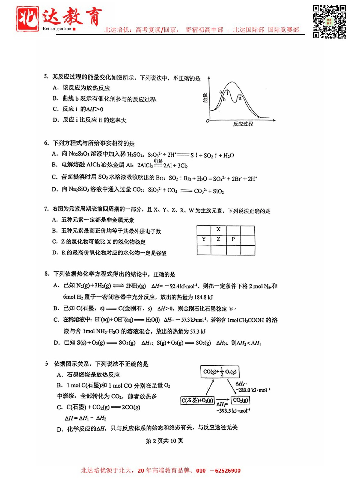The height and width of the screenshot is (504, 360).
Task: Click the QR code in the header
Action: click(329, 22)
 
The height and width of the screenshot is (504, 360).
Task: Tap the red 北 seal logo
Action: click(27, 19)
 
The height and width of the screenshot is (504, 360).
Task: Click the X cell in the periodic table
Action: click(218, 229)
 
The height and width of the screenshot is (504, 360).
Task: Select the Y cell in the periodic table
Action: click(204, 239)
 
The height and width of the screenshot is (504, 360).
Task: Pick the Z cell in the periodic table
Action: click(218, 239)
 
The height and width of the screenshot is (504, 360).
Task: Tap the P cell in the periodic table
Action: click(233, 239)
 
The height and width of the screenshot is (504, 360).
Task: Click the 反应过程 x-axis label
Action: click(243, 124)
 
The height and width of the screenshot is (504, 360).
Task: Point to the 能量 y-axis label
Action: click(205, 98)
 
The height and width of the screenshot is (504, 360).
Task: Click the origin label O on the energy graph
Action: click(208, 121)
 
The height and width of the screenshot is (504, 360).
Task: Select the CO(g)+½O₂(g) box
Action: click(220, 372)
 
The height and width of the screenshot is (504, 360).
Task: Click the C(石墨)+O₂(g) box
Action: click(198, 400)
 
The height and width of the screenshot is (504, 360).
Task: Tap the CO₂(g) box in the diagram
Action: click(241, 400)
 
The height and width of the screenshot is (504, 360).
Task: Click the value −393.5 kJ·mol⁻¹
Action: click(233, 411)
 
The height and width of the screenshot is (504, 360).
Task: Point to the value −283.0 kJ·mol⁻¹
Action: click(253, 390)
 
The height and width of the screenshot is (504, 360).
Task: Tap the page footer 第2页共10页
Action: click(164, 441)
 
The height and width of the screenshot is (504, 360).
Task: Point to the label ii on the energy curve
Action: click(240, 98)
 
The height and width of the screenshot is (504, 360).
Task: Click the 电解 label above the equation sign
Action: click(158, 161)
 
